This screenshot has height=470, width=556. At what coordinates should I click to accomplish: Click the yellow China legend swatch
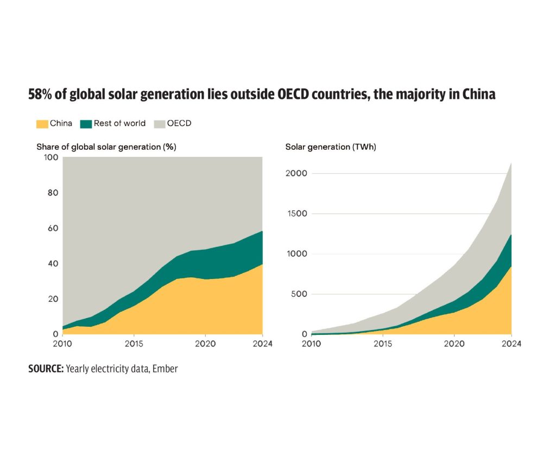pyautogui.click(x=42, y=124)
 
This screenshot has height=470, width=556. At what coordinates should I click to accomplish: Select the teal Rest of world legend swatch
pyautogui.click(x=86, y=124)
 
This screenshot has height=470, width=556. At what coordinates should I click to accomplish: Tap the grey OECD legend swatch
pyautogui.click(x=159, y=124)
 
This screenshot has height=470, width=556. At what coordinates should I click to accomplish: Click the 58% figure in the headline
pyautogui.click(x=41, y=94)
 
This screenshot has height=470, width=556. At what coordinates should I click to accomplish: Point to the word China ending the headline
pyautogui.click(x=479, y=94)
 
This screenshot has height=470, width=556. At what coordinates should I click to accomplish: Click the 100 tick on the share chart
pyautogui.click(x=52, y=157)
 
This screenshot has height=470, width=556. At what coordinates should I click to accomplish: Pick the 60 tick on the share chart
pyautogui.click(x=53, y=228)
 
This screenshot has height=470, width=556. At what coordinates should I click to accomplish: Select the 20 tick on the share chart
pyautogui.click(x=53, y=299)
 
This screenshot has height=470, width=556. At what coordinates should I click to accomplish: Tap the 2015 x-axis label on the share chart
pyautogui.click(x=134, y=344)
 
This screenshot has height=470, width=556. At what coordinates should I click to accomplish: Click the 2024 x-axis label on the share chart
pyautogui.click(x=262, y=344)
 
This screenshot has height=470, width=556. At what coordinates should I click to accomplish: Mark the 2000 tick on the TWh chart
pyautogui.click(x=298, y=174)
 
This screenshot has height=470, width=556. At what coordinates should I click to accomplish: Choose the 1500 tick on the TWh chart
pyautogui.click(x=298, y=214)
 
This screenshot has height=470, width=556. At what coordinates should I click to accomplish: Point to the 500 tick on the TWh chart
pyautogui.click(x=300, y=294)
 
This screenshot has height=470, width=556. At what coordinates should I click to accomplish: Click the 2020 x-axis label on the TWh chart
pyautogui.click(x=453, y=344)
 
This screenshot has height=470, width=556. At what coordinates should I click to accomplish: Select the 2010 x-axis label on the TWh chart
pyautogui.click(x=312, y=344)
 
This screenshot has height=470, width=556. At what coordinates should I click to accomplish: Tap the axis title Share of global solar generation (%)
pyautogui.click(x=106, y=147)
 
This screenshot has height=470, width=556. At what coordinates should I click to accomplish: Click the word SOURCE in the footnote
pyautogui.click(x=46, y=369)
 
